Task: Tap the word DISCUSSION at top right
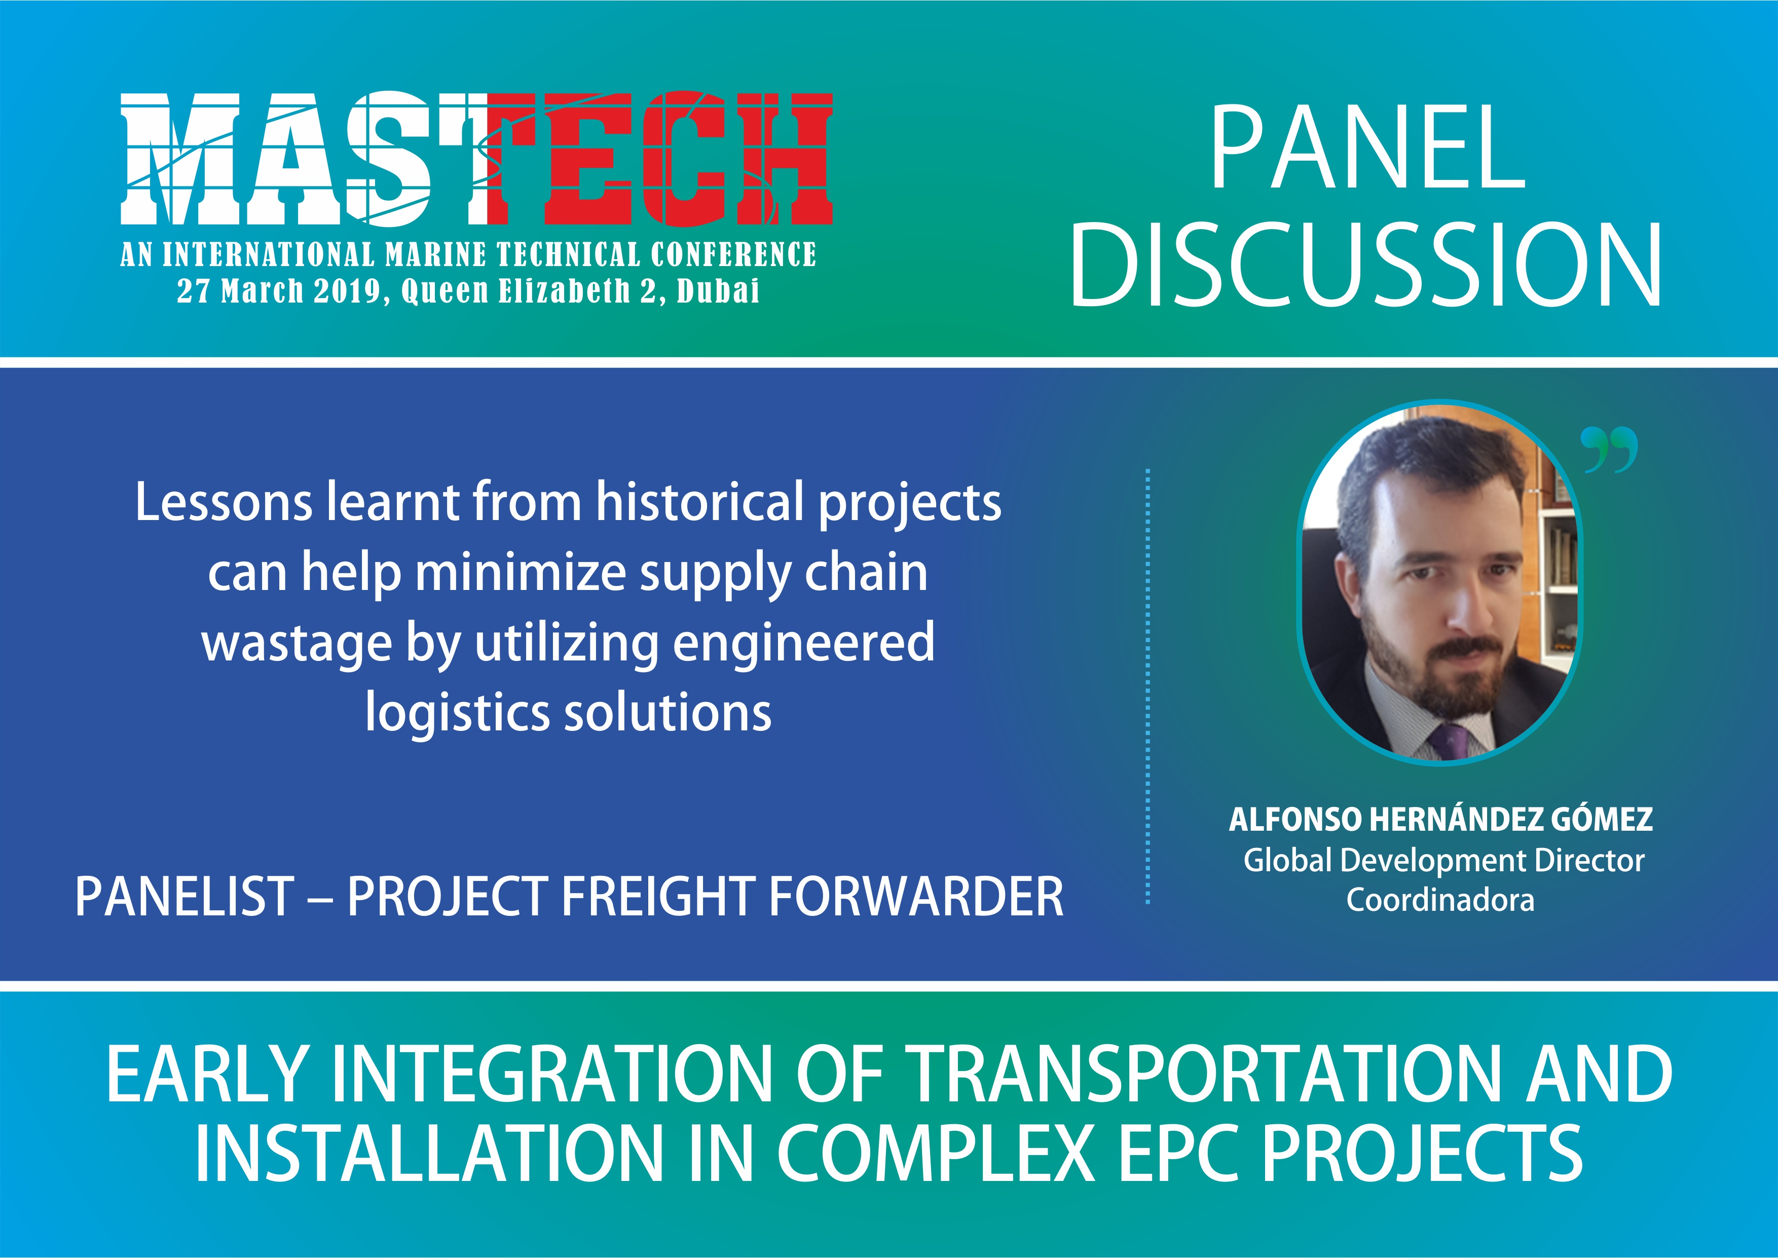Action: (x=1366, y=265)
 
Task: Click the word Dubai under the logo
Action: (x=718, y=291)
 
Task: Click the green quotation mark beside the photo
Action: (x=1609, y=449)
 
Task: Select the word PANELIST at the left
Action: (x=184, y=896)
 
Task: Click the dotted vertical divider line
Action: (x=1147, y=686)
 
